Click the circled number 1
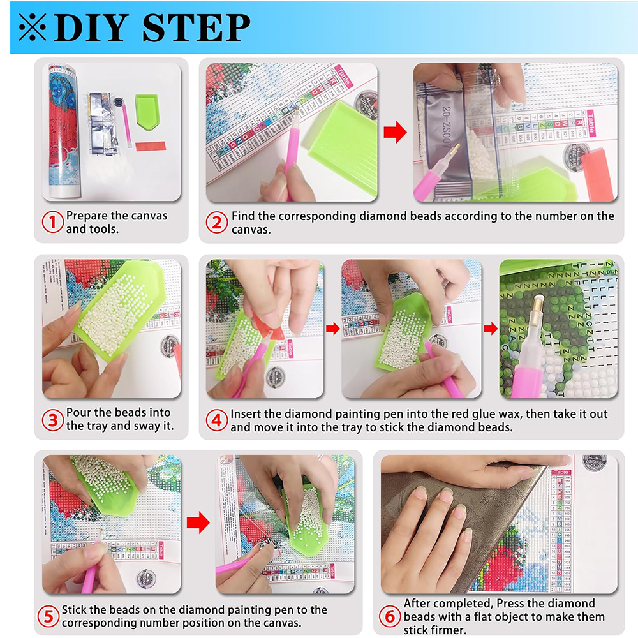[x=53, y=222]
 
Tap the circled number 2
[x=217, y=222]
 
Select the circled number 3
[x=53, y=419]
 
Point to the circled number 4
[x=217, y=420]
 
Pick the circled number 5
[x=48, y=616]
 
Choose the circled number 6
[x=390, y=616]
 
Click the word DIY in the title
[x=93, y=28]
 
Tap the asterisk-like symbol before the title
[x=32, y=28]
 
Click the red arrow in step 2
[x=395, y=133]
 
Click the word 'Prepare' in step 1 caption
[x=87, y=216]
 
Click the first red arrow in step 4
[x=332, y=329]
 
